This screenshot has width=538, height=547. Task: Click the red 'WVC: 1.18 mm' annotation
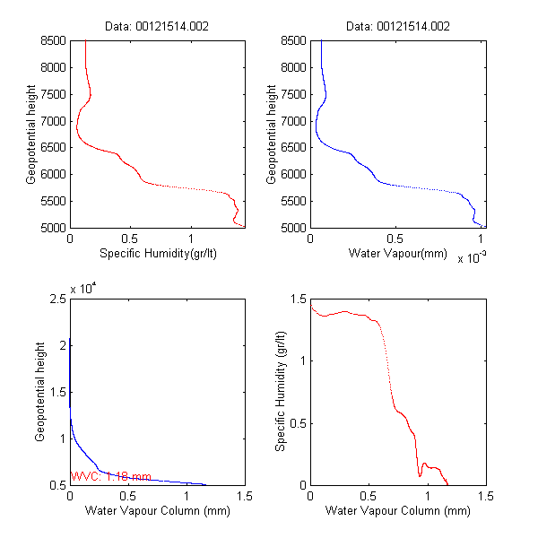111,477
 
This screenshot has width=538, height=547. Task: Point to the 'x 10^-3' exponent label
472,259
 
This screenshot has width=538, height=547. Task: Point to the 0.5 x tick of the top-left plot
131,239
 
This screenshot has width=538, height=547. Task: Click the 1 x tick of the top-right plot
482,239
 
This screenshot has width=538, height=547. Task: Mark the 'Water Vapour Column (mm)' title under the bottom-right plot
397,512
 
